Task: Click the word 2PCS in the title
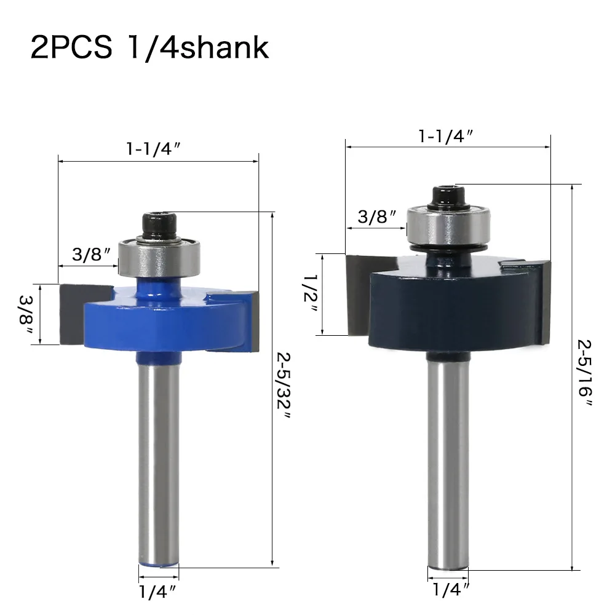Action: [71, 48]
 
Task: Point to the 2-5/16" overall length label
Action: [585, 373]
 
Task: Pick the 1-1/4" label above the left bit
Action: [153, 149]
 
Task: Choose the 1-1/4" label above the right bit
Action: [446, 137]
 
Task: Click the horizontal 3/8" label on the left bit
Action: [92, 255]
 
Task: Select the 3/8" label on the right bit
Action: [378, 216]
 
